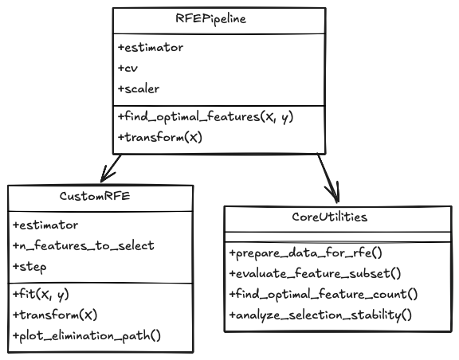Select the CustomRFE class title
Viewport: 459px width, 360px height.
point(100,196)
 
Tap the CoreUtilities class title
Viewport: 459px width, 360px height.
point(339,217)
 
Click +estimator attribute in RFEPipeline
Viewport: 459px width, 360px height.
point(151,48)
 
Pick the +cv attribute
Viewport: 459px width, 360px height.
point(127,68)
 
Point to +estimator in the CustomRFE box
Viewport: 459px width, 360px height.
point(45,225)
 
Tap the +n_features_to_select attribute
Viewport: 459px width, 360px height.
point(83,245)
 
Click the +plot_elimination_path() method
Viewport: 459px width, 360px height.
point(87,335)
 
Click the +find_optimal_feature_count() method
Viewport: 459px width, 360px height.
point(323,294)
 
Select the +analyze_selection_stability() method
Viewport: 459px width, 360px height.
point(320,315)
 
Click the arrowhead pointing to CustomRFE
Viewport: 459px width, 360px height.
point(104,178)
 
